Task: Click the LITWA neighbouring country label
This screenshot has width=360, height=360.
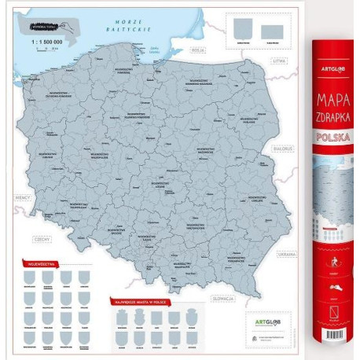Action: pyautogui.click(x=277, y=60)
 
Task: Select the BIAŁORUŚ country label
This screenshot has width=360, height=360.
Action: pyautogui.click(x=282, y=147)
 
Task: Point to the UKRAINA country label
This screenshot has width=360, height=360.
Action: pyautogui.click(x=285, y=254)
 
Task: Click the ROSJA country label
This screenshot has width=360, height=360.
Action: pyautogui.click(x=198, y=50)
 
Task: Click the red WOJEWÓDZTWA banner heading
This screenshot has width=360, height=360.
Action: pyautogui.click(x=42, y=264)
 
